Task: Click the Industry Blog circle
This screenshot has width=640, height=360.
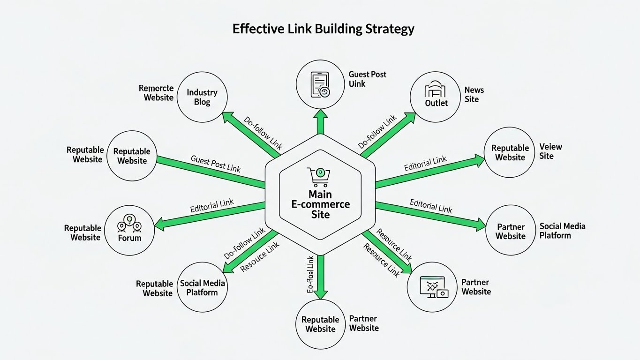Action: point(202,97)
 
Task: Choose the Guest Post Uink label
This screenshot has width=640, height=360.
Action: point(367,79)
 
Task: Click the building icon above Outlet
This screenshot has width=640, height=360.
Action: point(436,90)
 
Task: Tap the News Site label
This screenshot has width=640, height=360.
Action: point(474,94)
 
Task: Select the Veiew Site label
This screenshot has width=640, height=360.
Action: point(550,151)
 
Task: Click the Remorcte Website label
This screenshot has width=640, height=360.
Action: point(157,93)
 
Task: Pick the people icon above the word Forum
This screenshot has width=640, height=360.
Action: point(129,224)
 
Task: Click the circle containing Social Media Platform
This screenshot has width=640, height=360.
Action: point(203,287)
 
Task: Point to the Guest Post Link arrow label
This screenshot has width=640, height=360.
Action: point(215,164)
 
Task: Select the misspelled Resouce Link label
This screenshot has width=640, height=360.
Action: point(259,257)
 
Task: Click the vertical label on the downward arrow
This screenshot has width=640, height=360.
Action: point(310,275)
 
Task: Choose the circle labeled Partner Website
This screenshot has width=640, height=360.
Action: point(510,231)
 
